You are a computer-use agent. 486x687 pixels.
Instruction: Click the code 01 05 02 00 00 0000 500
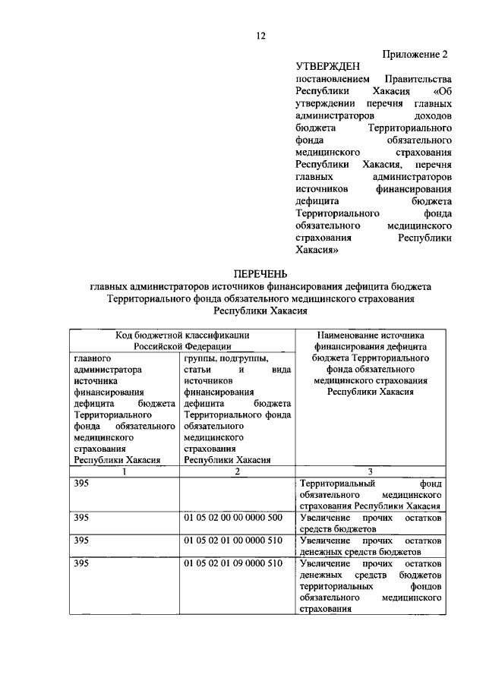[x=232, y=518]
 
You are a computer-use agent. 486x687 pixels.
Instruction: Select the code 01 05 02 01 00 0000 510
[x=232, y=540]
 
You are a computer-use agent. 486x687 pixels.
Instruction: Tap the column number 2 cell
[x=237, y=471]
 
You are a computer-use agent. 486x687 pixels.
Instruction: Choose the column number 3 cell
[x=370, y=471]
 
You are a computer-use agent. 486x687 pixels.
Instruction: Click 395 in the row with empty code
[x=82, y=484]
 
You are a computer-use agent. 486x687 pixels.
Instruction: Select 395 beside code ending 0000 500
[x=82, y=518]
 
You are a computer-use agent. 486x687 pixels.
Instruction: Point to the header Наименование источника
[x=370, y=335]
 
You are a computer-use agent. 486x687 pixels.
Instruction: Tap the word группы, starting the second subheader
[x=200, y=358]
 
